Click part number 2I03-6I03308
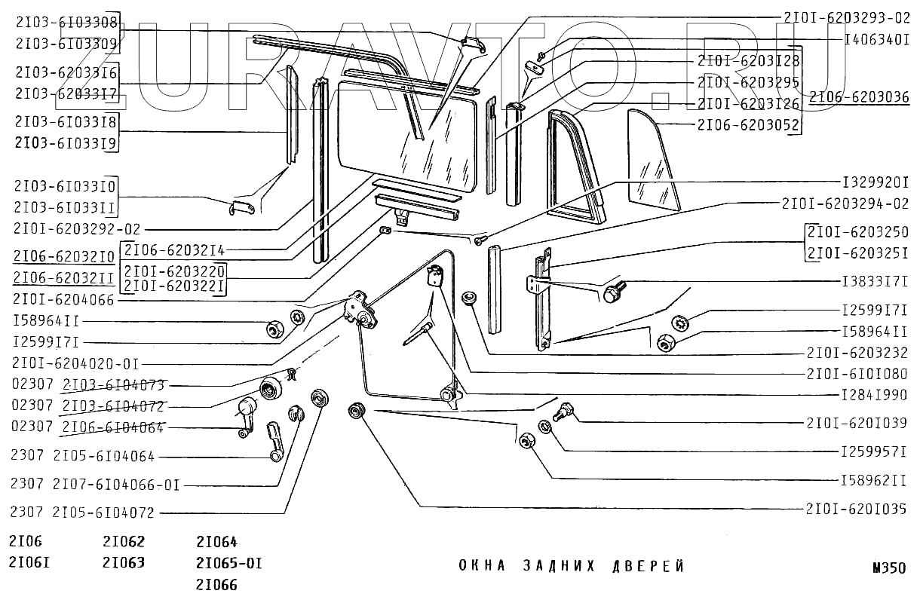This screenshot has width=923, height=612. (66, 23)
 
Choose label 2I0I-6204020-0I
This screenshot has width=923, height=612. (76, 363)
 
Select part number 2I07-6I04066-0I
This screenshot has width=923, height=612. (115, 485)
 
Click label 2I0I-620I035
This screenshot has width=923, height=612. (856, 509)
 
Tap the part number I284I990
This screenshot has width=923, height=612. (875, 394)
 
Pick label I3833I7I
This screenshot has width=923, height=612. (875, 282)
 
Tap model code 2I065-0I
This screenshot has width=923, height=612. (228, 563)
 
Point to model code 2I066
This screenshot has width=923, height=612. (216, 584)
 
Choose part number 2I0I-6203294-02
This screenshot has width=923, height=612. (846, 203)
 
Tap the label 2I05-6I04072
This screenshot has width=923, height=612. (104, 513)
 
